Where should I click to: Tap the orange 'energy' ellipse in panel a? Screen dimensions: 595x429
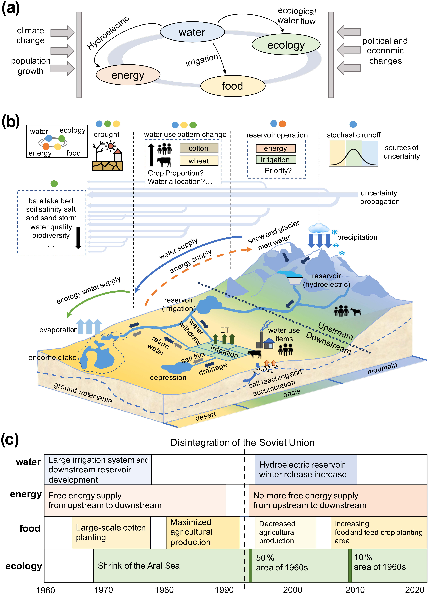pyautogui.click(x=128, y=75)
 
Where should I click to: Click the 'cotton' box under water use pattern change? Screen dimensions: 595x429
pyautogui.click(x=199, y=148)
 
